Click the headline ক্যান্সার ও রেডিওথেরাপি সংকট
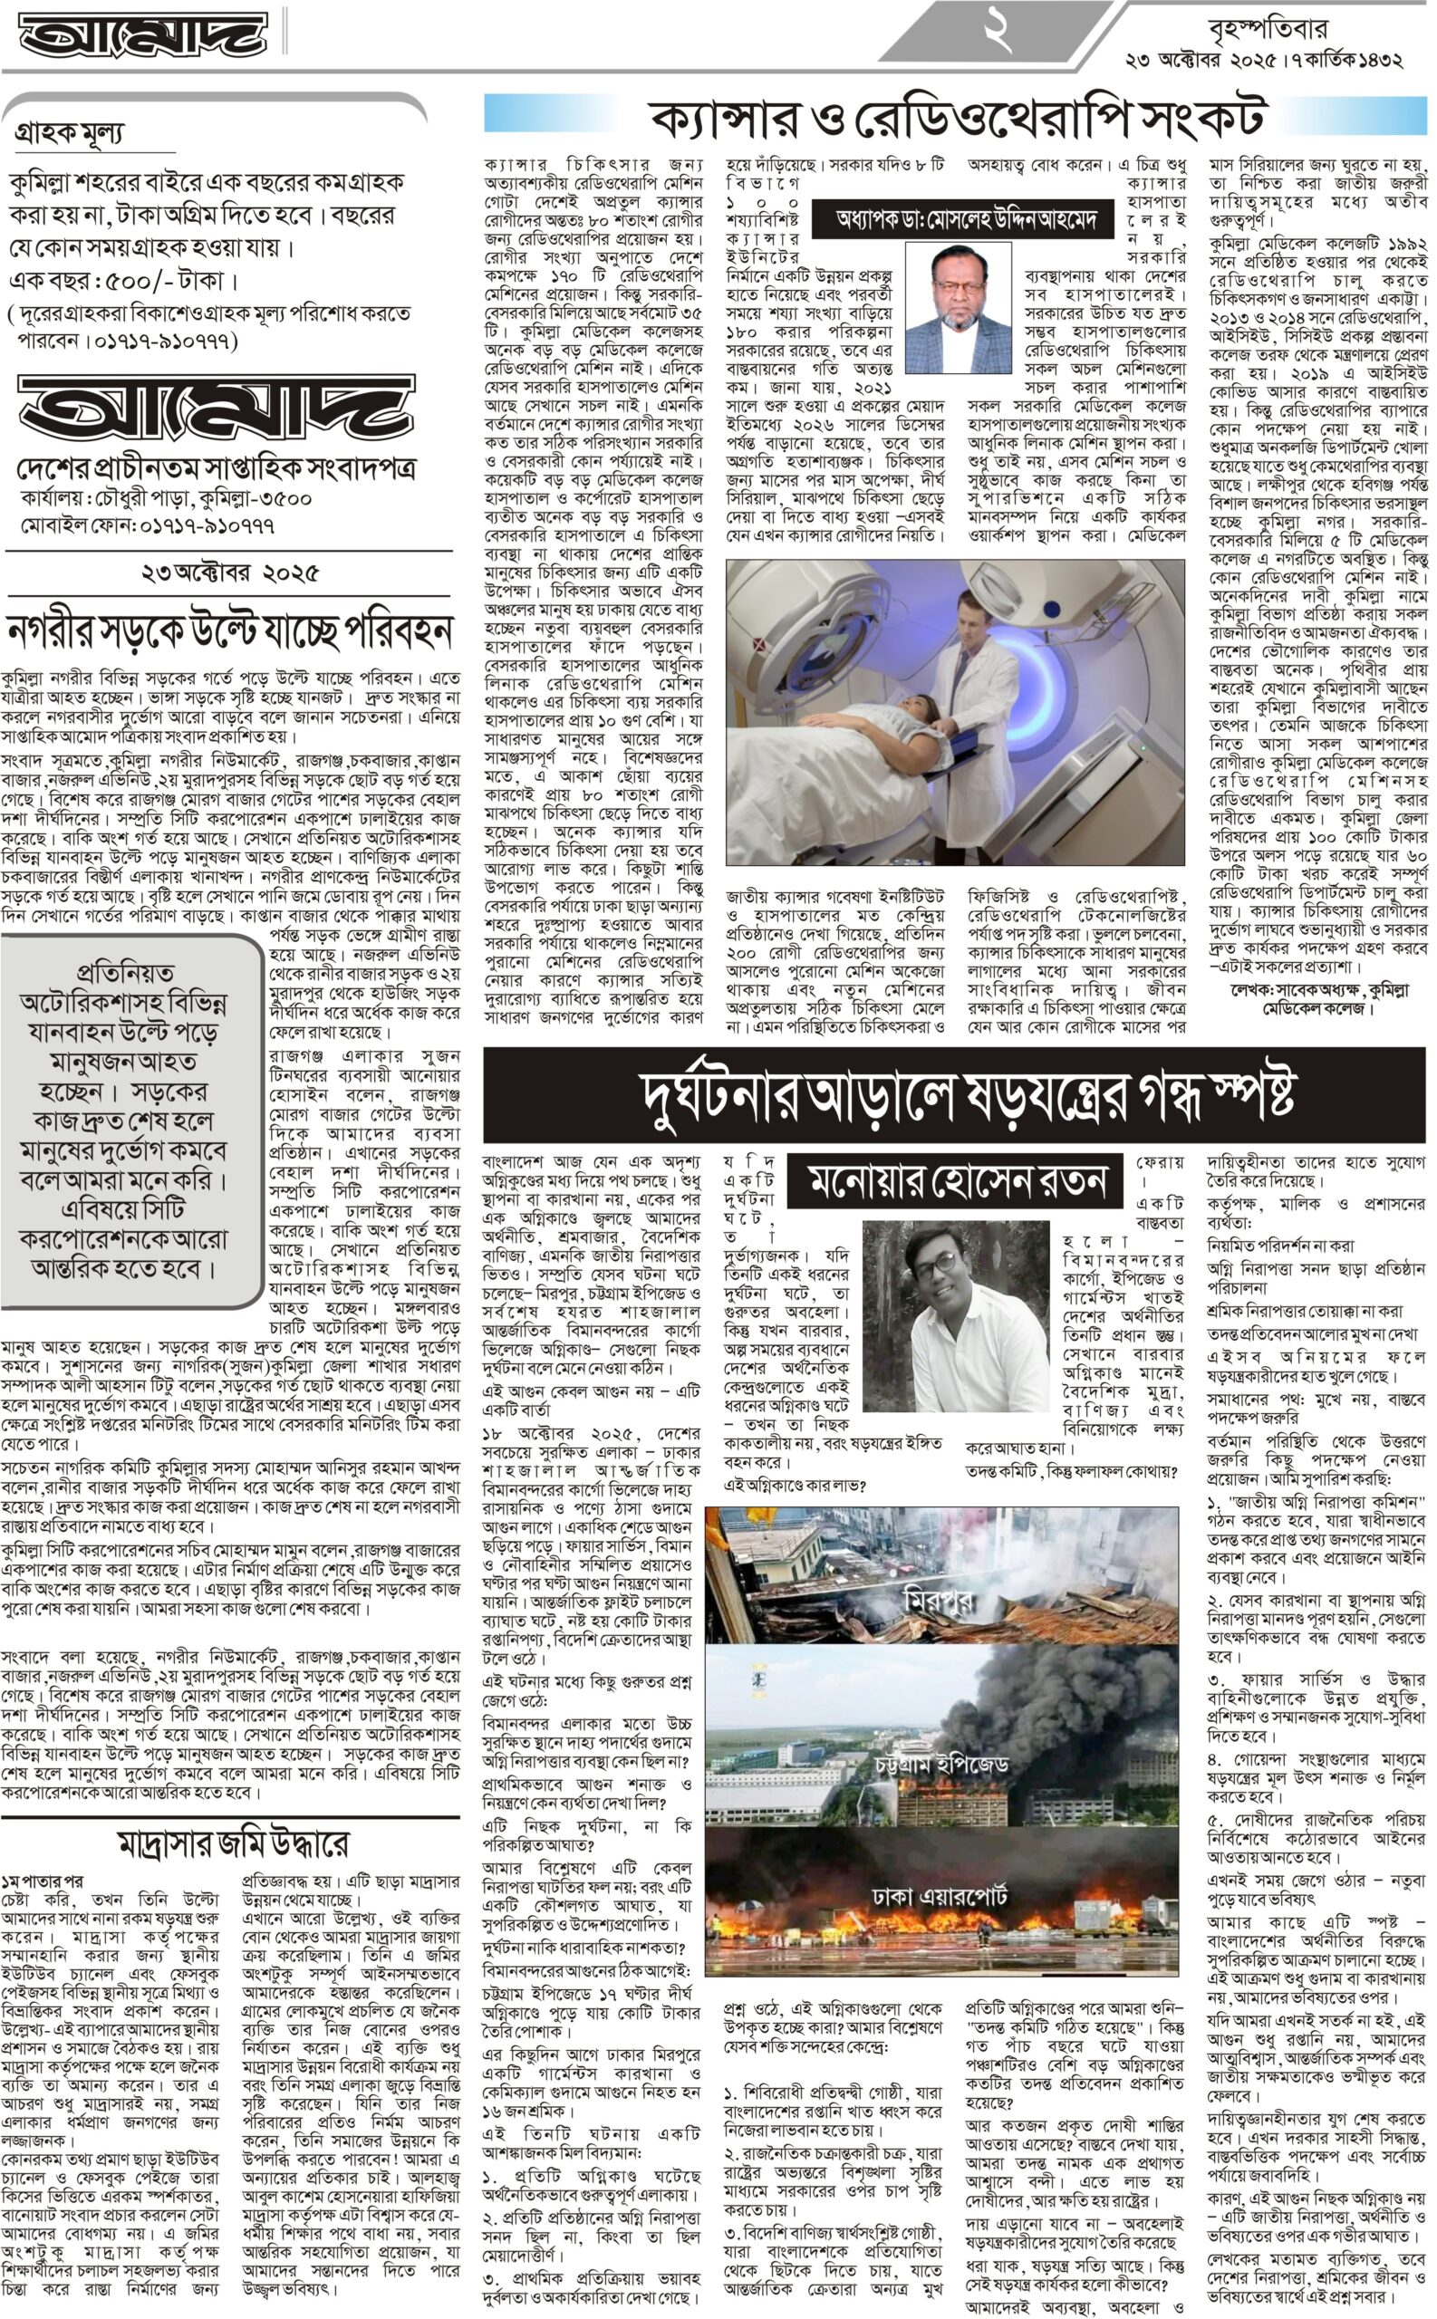coord(957,117)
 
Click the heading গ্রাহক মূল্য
coord(70,134)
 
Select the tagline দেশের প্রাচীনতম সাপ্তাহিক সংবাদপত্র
coord(216,468)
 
